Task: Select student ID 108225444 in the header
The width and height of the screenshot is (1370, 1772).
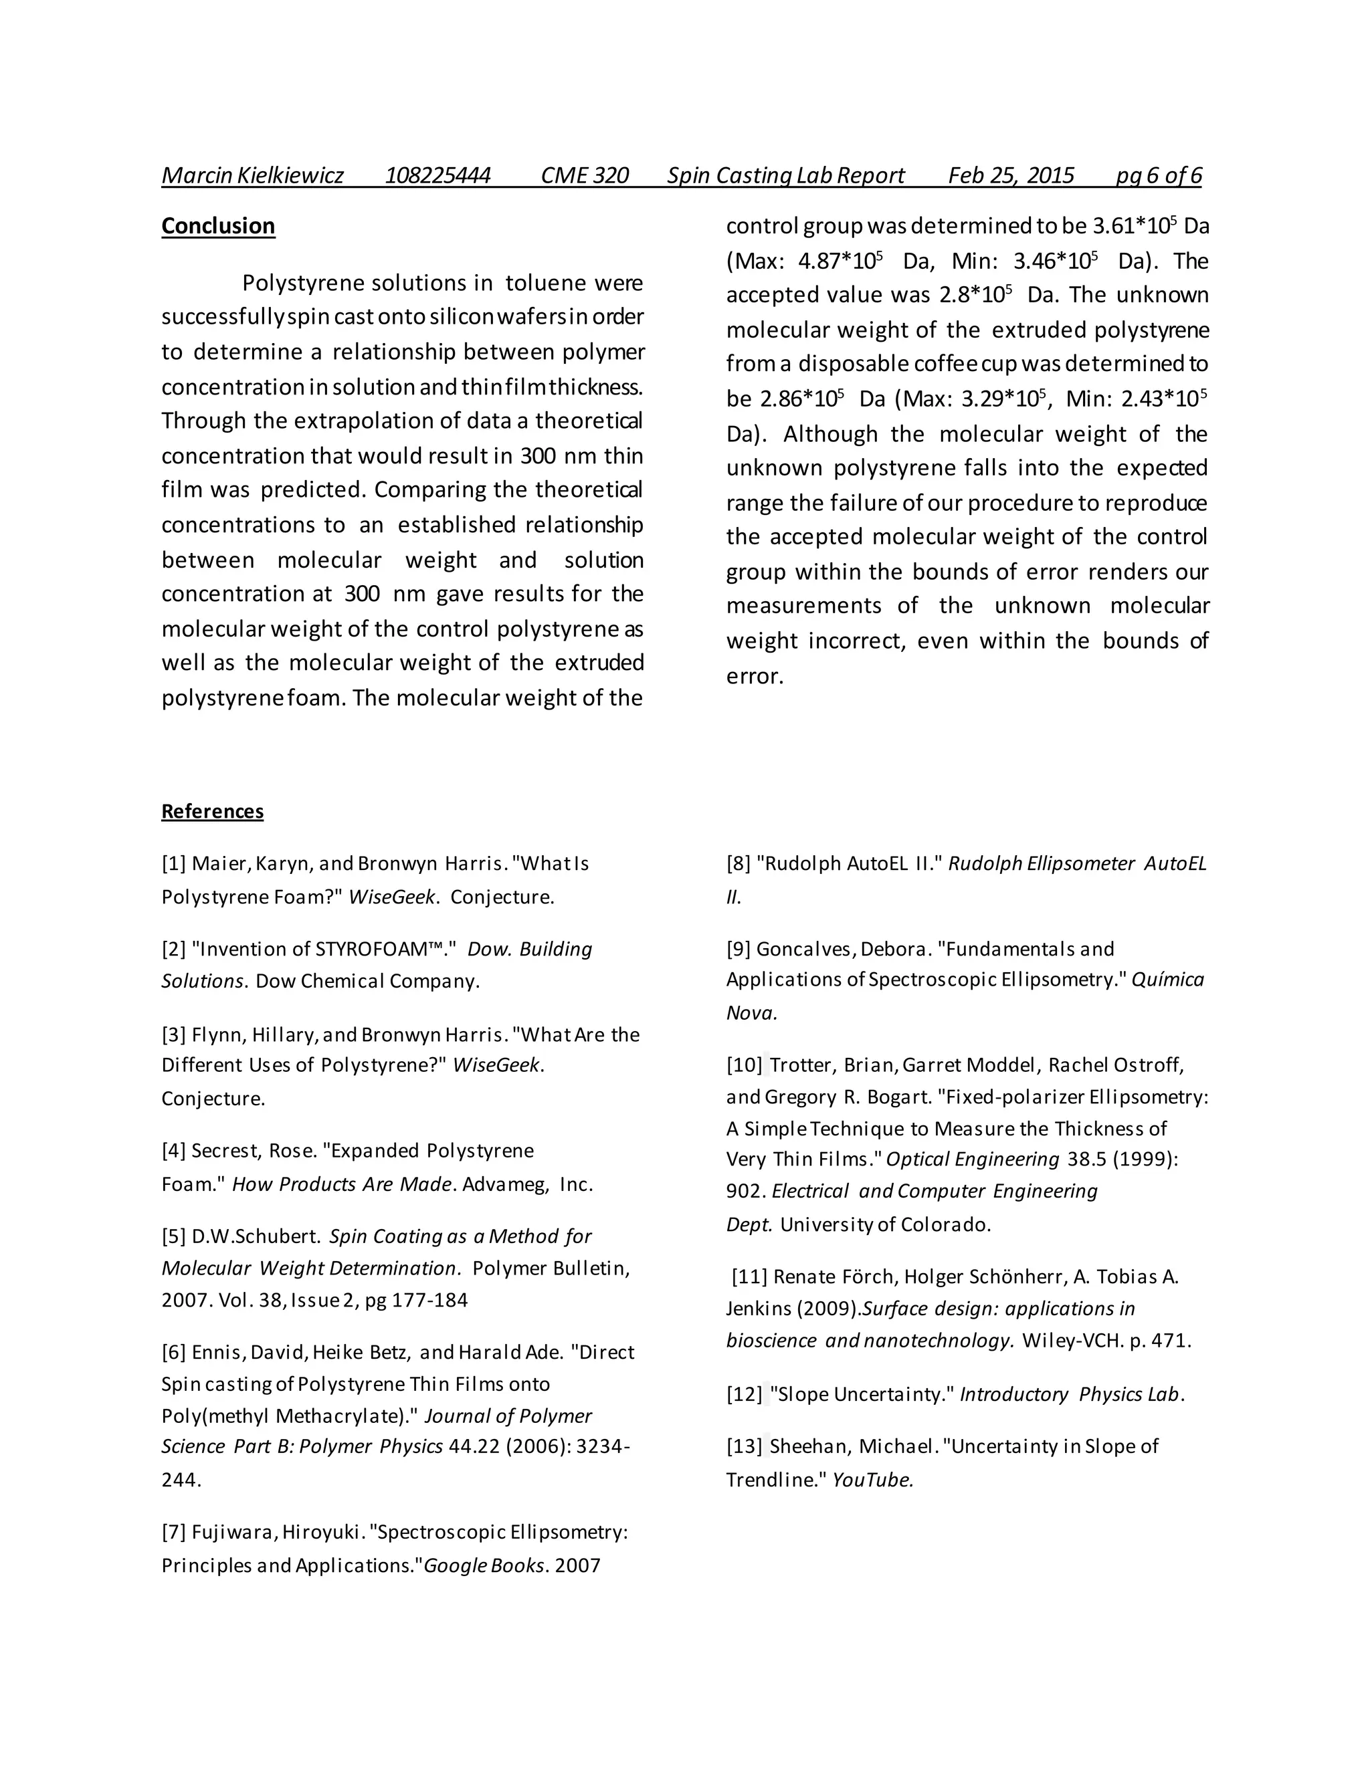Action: coord(437,175)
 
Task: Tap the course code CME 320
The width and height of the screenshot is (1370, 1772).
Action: coord(585,175)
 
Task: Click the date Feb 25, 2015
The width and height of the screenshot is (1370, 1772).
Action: coord(1011,175)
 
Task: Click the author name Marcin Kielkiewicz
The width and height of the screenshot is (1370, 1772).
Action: coord(252,175)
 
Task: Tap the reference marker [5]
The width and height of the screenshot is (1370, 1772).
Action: coord(174,1236)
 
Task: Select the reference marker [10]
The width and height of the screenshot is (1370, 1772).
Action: coord(745,1065)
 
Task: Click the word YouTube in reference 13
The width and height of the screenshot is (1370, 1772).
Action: coord(872,1480)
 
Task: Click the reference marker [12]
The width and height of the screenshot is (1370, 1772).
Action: coord(745,1394)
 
